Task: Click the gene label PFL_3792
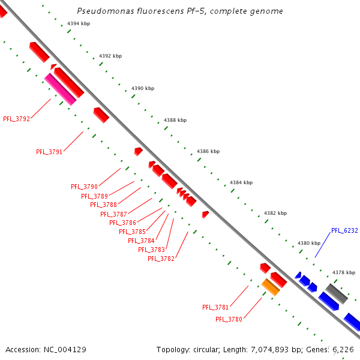coord(16,119)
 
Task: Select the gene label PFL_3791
coord(49,152)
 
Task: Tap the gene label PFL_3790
coord(84,187)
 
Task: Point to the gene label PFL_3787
coord(113,214)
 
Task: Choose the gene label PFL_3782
coord(161,259)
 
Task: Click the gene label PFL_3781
coord(215,307)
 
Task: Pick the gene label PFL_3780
coord(229,319)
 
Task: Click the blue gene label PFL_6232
coord(344,230)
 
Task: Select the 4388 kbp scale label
coord(175,120)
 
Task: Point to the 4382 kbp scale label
coord(275,213)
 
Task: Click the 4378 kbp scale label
coord(344,272)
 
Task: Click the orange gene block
coord(271,287)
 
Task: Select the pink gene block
coord(61,89)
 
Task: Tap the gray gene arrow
coord(336,293)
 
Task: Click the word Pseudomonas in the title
coord(103,11)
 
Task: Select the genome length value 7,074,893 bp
coord(280,349)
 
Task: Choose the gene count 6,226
coord(344,349)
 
